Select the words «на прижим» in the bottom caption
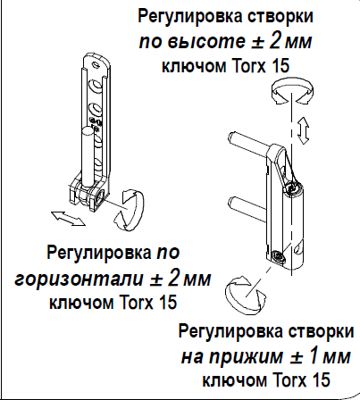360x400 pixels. (x=233, y=356)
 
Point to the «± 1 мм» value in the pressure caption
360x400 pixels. (x=321, y=356)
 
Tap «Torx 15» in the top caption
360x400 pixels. (x=260, y=66)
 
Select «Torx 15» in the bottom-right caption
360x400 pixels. (x=301, y=380)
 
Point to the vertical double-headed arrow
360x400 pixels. (x=303, y=130)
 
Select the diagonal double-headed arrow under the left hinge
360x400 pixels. (x=68, y=219)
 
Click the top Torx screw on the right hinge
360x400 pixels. (x=292, y=187)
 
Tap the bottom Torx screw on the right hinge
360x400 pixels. (x=278, y=256)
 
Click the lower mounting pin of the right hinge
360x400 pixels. (x=247, y=204)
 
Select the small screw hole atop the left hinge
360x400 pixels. (x=96, y=63)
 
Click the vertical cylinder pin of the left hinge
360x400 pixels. (x=88, y=155)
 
